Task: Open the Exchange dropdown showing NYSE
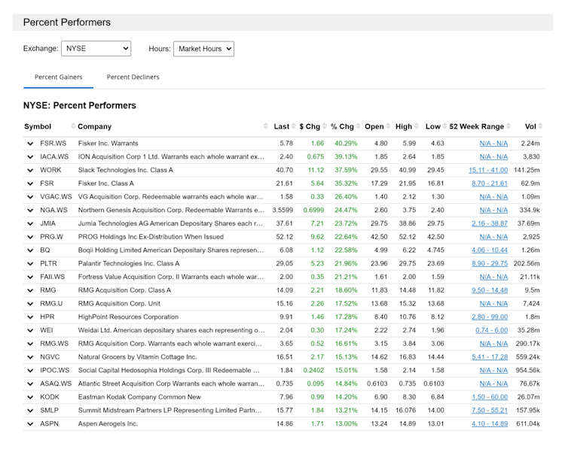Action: point(96,49)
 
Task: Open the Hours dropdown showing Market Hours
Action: point(203,49)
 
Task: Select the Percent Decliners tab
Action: point(133,77)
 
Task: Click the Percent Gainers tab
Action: point(59,77)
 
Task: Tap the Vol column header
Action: point(530,126)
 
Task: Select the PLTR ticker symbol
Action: point(49,264)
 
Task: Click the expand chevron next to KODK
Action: point(30,397)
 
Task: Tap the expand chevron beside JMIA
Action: point(30,223)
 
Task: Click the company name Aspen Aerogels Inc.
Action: point(108,424)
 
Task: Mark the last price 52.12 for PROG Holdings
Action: point(284,237)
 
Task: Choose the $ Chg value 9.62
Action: point(316,237)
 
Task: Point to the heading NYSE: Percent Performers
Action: point(80,105)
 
